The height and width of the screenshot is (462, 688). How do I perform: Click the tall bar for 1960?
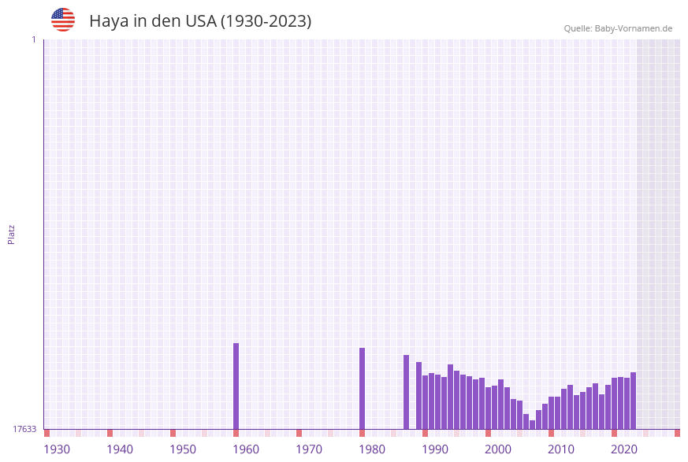pyautogui.click(x=236, y=386)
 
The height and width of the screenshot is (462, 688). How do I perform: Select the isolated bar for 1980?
pyautogui.click(x=362, y=388)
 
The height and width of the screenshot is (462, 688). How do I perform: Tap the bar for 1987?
pyautogui.click(x=406, y=392)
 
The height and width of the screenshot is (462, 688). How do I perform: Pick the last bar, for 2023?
pyautogui.click(x=633, y=401)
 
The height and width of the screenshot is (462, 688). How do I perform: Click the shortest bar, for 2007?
pyautogui.click(x=532, y=425)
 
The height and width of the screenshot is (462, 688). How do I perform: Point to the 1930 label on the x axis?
pyautogui.click(x=57, y=449)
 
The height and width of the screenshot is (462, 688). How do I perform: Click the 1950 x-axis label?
pyautogui.click(x=183, y=449)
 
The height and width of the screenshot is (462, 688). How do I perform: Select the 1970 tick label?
pyautogui.click(x=309, y=449)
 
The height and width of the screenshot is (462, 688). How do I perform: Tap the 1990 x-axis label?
pyautogui.click(x=435, y=449)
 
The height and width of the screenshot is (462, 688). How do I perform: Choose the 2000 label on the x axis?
pyautogui.click(x=498, y=449)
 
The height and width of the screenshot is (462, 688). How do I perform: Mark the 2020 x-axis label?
pyautogui.click(x=624, y=449)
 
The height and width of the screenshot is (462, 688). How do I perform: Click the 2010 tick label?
pyautogui.click(x=561, y=449)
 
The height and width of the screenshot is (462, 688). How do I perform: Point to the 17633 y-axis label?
pyautogui.click(x=24, y=429)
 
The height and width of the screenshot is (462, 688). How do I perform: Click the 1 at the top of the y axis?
pyautogui.click(x=33, y=39)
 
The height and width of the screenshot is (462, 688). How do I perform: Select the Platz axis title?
pyautogui.click(x=12, y=234)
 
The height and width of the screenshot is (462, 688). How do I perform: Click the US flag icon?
pyautogui.click(x=63, y=20)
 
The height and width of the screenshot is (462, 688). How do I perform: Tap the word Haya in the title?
pyautogui.click(x=109, y=21)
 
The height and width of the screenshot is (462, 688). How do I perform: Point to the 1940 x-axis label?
pyautogui.click(x=120, y=449)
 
